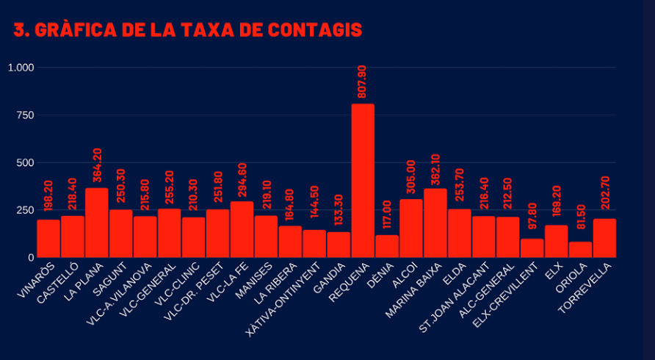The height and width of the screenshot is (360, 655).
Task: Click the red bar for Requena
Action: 363,181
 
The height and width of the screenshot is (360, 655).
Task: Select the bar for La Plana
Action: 96,223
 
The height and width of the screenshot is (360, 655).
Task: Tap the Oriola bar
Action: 580,250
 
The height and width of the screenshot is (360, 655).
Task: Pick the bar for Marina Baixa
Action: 435,223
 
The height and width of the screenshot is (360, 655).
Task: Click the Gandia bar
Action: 339,245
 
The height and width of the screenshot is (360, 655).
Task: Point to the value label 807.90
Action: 362,82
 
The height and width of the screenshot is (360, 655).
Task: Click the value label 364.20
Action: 97,165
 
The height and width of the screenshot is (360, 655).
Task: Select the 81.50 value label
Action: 581,217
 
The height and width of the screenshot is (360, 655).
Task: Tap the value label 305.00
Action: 411,176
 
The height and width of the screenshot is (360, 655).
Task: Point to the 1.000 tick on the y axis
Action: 21,68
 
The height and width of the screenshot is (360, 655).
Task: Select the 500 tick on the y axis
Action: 26,162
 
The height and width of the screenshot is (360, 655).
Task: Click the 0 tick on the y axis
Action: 31,258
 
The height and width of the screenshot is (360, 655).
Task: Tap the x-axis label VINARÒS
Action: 36,280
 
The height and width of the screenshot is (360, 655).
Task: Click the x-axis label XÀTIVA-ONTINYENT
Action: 283,300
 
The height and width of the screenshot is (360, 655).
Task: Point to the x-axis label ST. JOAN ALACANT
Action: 454,298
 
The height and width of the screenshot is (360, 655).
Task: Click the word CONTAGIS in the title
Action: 314,29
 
